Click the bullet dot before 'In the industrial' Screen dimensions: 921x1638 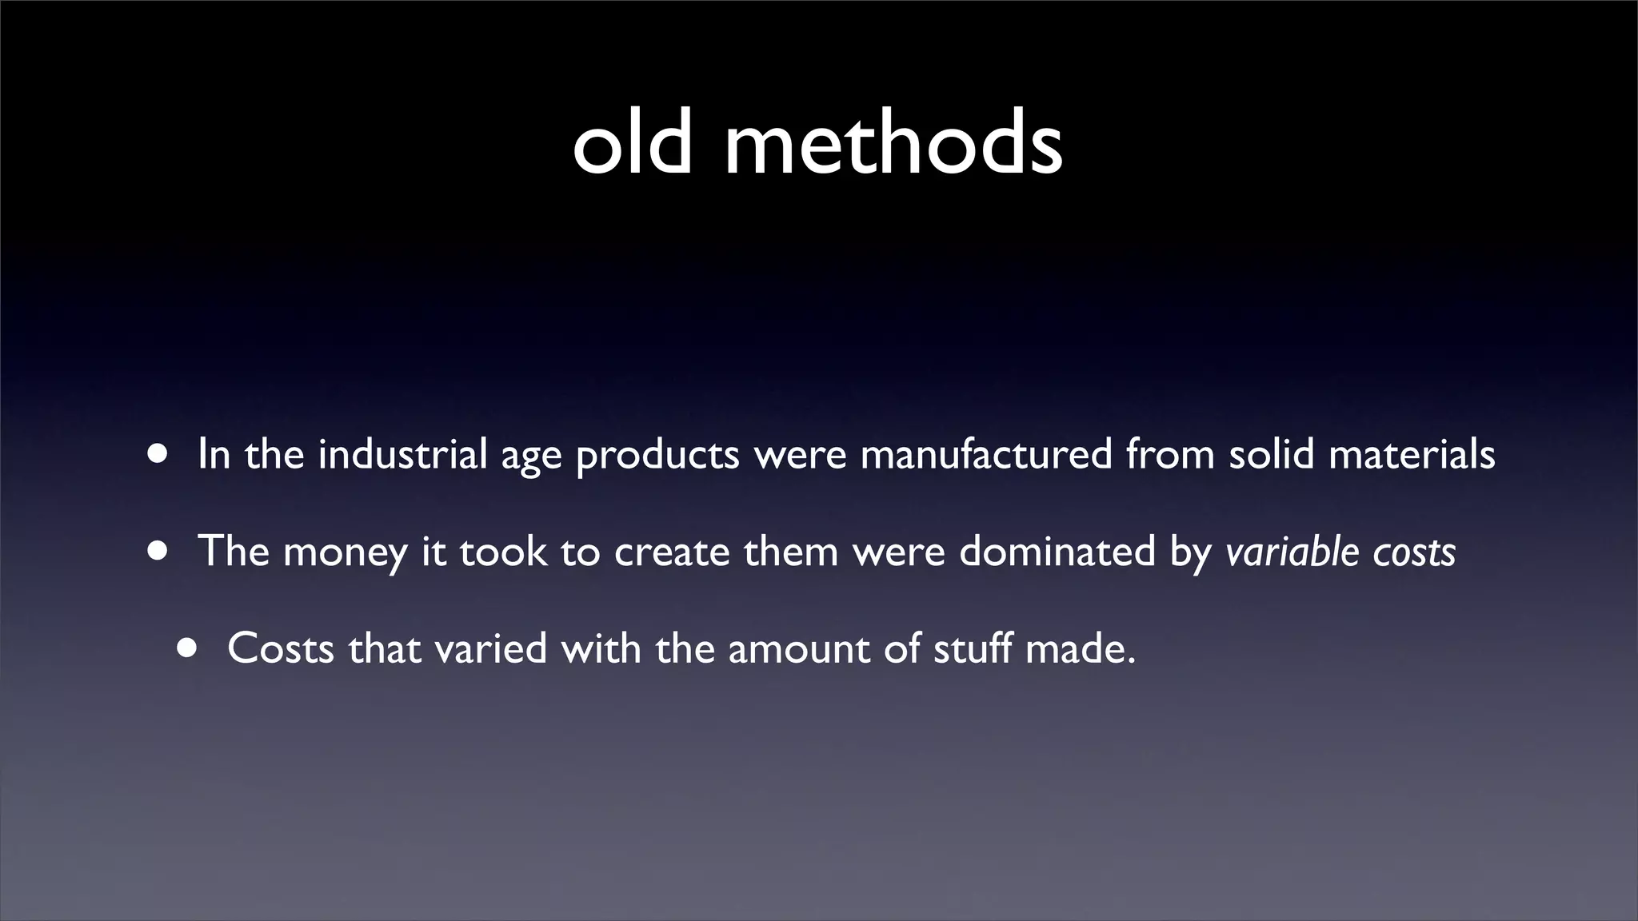pos(158,454)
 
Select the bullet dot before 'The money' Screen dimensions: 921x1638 pos(158,551)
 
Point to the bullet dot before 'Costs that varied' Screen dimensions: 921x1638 pos(187,648)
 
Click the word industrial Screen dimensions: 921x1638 pos(402,454)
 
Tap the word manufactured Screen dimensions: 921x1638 pos(986,454)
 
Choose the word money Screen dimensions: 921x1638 pos(345,552)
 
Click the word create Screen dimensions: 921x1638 pos(672,551)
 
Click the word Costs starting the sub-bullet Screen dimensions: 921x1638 pos(281,648)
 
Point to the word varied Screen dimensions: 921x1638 pos(490,648)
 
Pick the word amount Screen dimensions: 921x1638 pos(799,648)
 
